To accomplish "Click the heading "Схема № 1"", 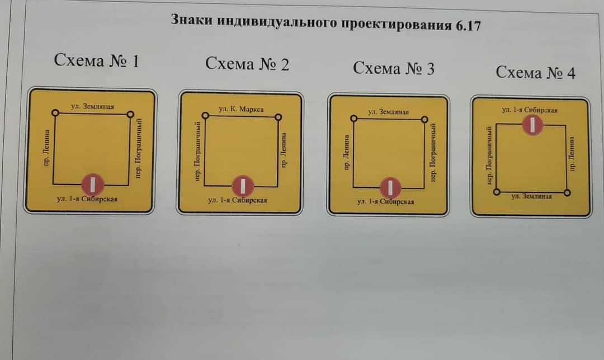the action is tap(96, 60).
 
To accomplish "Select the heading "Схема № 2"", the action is tap(247, 64).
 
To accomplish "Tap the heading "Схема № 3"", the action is tap(393, 68).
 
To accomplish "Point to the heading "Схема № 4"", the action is tap(535, 72).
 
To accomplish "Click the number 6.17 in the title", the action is tap(468, 26).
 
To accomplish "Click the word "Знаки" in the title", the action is tap(191, 19).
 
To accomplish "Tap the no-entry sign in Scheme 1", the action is tap(92, 184).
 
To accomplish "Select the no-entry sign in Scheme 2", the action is tap(243, 186).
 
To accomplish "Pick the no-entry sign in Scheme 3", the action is tap(390, 188).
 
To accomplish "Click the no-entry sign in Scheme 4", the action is tap(533, 125).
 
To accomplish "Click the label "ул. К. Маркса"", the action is tap(241, 109).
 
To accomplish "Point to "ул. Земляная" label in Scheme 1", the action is tap(92, 106).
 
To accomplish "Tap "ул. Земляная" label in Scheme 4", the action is tap(532, 196).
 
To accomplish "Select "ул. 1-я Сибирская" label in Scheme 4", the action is tap(530, 110).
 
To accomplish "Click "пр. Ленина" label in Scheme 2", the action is tap(284, 150).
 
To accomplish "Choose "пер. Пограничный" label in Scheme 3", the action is tap(433, 153).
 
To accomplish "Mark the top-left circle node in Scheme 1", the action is tap(55, 113).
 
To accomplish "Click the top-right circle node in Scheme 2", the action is tap(278, 117).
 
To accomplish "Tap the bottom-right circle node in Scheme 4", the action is tap(567, 192).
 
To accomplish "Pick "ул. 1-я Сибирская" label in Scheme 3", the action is tap(385, 201).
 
